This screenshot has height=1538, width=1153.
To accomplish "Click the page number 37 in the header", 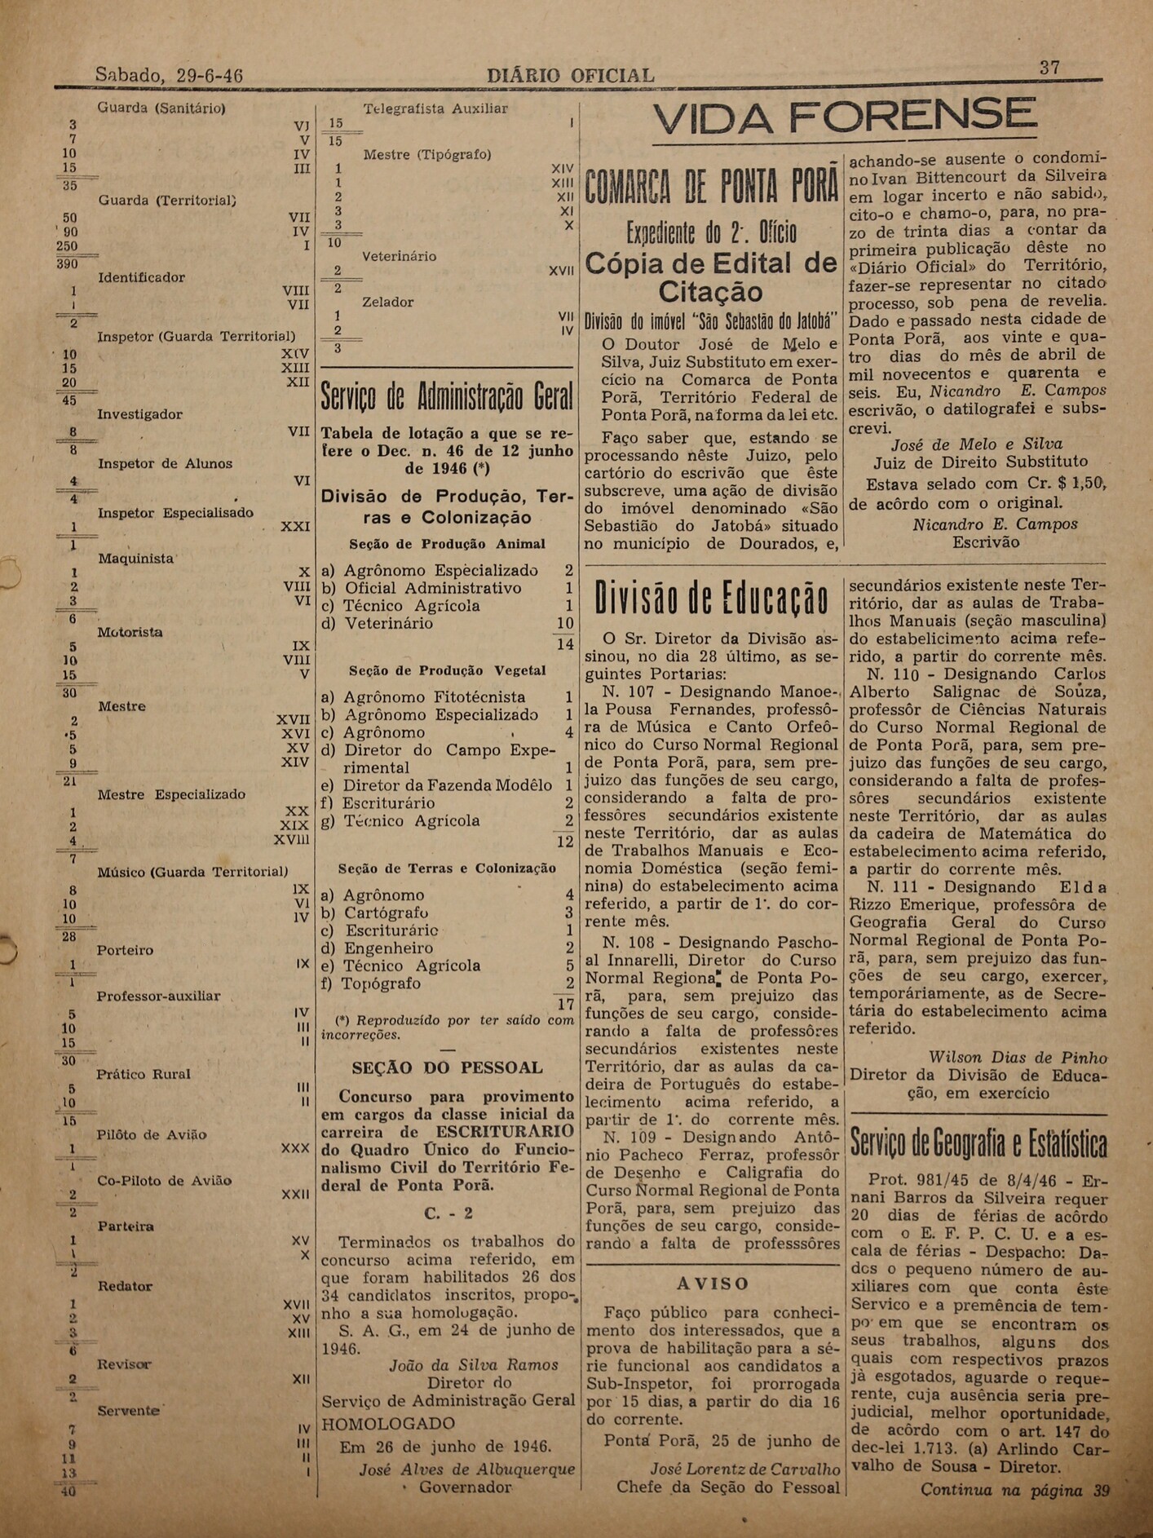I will tap(1049, 69).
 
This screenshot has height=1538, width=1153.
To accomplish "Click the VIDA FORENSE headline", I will tap(844, 119).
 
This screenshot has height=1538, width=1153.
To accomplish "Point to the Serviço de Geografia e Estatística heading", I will tap(979, 1144).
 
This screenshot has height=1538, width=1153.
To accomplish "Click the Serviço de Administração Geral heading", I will tap(447, 396).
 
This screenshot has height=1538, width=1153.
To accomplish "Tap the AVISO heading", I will tap(713, 1284).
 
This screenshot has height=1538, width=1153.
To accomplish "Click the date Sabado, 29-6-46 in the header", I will tap(169, 75).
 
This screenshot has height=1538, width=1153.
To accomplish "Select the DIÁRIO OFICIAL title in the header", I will tap(570, 76).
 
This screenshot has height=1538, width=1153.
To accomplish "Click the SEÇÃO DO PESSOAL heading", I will tap(447, 1067).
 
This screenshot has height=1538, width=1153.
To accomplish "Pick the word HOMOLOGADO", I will tap(388, 1424).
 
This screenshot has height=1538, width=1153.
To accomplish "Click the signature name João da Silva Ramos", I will tap(474, 1365).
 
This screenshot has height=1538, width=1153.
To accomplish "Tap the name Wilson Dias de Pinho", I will tap(1018, 1058).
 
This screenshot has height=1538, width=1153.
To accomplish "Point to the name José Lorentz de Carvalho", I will tap(744, 1469).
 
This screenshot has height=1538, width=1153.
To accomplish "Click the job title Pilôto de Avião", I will tap(152, 1134).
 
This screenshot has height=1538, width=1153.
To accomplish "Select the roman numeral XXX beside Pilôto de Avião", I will tap(294, 1148).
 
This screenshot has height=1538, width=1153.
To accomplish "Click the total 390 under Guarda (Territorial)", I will tap(67, 263).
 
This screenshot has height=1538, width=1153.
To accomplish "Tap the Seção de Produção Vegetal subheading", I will tap(447, 670).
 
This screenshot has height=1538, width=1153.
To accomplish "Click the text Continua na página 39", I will tap(1015, 1490).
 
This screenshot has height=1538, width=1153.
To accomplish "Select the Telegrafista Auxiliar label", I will tap(435, 108).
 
